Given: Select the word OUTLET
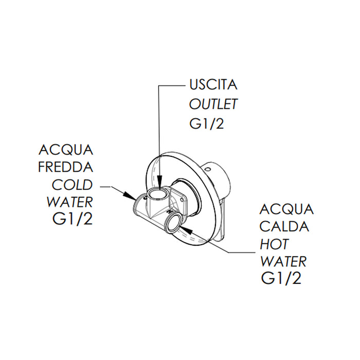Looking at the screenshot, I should tap(213, 104).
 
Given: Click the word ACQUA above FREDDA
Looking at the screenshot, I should tap(66, 150).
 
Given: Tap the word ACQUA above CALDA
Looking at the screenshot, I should tap(286, 209).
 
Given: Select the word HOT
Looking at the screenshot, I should tap(274, 244).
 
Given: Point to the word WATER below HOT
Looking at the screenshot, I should tap(283, 261).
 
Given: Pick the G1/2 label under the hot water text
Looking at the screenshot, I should tap(281, 279).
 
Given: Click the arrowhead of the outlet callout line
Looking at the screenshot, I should tap(160, 188).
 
